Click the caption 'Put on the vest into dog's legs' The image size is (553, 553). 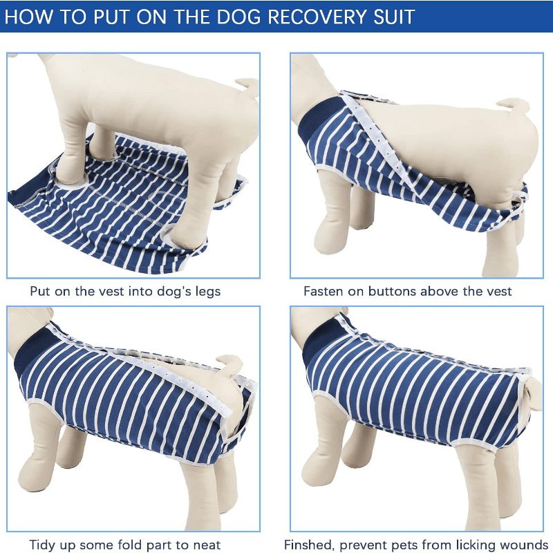click(x=125, y=291)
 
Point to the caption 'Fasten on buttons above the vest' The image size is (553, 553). click(x=408, y=291)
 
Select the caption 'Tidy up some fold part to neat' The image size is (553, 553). click(x=125, y=545)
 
